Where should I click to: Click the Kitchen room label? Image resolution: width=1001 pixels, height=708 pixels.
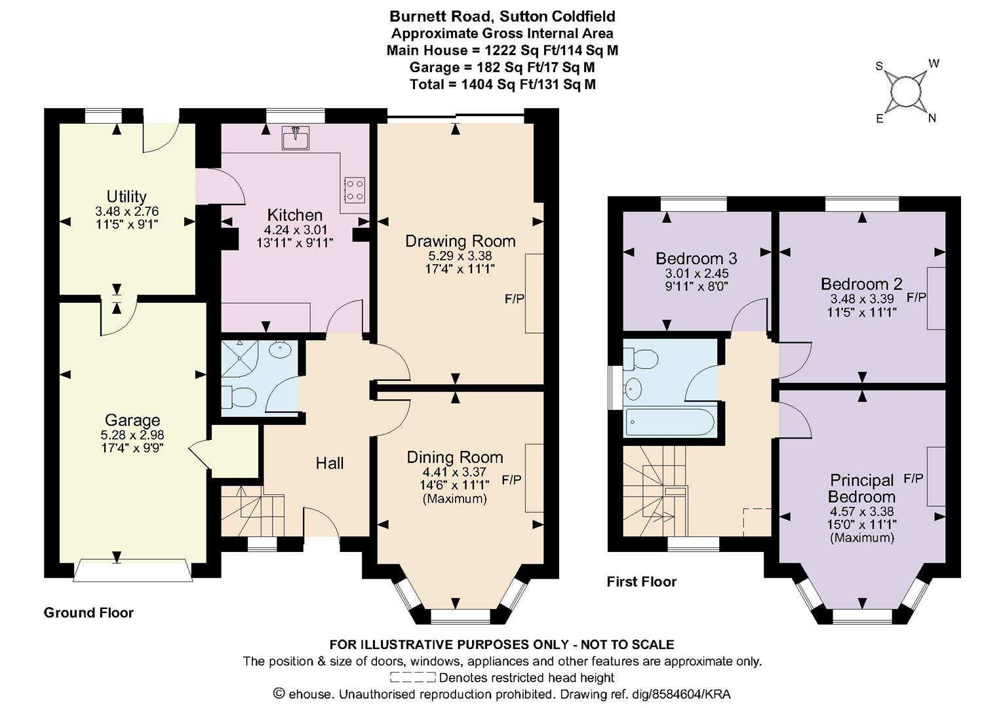click(294, 215)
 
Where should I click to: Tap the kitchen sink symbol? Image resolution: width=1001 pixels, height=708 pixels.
click(296, 138)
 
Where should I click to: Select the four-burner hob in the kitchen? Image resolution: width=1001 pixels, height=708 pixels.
click(355, 189)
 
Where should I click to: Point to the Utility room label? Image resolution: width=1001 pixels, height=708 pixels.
click(127, 197)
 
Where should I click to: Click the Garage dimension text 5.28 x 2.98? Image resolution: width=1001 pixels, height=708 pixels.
click(132, 435)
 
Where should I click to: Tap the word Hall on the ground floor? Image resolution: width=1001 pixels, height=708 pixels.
click(330, 463)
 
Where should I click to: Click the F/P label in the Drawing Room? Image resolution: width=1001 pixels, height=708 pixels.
click(515, 299)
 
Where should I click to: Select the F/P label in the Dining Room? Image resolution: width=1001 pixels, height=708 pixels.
click(511, 480)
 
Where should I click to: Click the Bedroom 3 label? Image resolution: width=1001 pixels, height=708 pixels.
click(696, 258)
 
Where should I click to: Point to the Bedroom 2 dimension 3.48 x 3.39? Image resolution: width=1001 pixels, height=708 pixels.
click(862, 298)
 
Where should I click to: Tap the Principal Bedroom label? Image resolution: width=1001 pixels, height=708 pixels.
click(861, 488)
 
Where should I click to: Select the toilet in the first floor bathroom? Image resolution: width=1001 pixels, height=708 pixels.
click(640, 359)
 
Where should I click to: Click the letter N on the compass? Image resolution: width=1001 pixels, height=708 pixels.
click(932, 119)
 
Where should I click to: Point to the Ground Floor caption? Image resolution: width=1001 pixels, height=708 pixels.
click(88, 612)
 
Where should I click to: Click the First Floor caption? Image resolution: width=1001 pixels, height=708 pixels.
click(641, 581)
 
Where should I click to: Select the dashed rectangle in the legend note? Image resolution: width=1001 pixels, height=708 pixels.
click(412, 678)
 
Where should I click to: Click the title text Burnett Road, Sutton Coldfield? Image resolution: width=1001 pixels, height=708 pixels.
click(502, 16)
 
